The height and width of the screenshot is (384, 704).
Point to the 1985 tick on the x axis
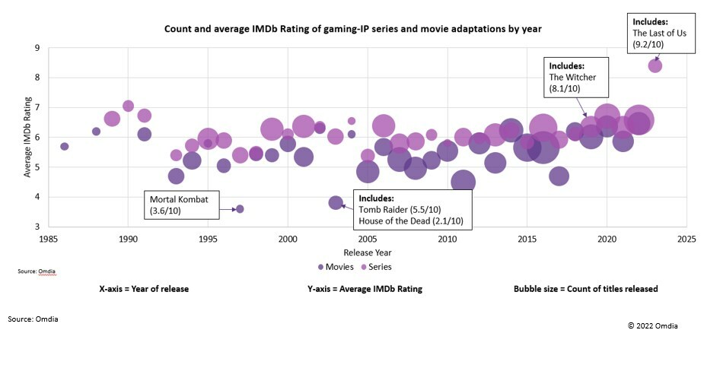tap(47, 238)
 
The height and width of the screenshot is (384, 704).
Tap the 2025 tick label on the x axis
tap(686, 238)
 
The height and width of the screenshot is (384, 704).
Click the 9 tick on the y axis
tap(36, 48)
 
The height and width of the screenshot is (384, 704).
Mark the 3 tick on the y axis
tap(36, 227)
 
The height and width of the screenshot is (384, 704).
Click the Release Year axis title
tap(368, 252)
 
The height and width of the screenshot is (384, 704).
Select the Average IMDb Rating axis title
tap(28, 137)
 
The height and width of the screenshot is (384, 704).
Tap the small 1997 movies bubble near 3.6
tap(240, 208)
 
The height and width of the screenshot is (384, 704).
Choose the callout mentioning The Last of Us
tap(661, 33)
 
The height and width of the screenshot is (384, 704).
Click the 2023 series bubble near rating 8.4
tap(655, 66)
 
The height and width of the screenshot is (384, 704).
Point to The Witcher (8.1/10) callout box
tap(575, 77)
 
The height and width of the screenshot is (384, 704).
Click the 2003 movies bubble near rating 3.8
tap(336, 202)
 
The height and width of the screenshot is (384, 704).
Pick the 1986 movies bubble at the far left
tap(64, 146)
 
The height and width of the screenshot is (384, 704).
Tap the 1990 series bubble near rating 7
tap(128, 106)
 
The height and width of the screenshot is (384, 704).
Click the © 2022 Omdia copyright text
tap(652, 325)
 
